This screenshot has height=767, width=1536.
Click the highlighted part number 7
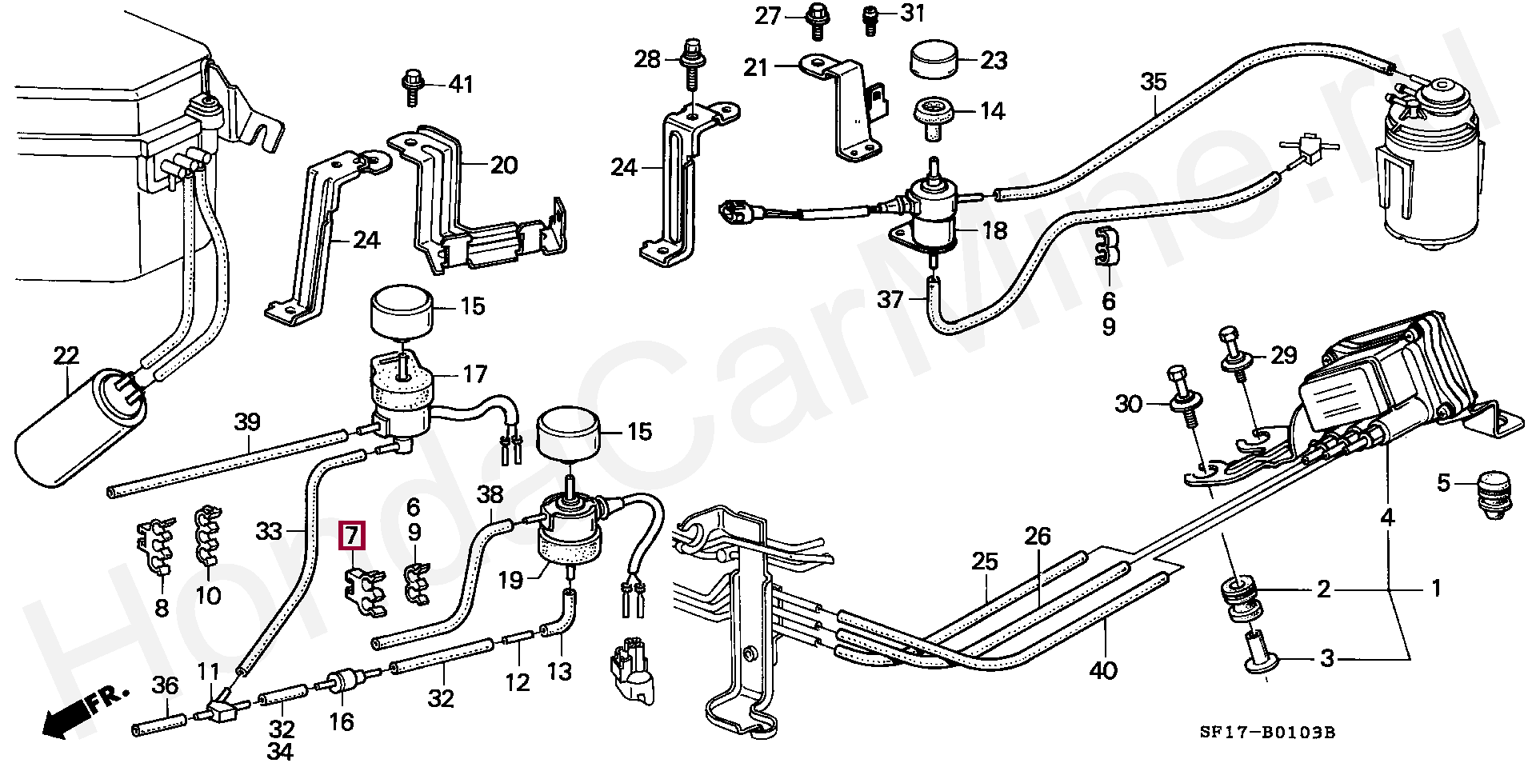353,536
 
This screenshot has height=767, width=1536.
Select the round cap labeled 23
934,59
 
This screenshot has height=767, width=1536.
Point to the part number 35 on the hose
1154,82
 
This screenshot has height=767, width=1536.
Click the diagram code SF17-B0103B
1267,733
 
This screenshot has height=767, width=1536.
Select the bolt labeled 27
816,20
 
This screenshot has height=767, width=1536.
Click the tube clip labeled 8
156,546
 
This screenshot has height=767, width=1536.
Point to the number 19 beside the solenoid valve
510,580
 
